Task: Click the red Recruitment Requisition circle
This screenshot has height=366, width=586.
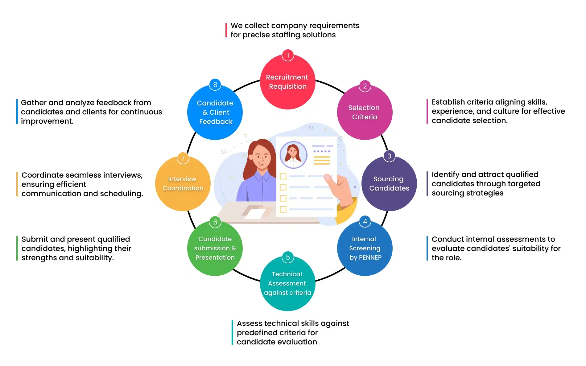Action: pyautogui.click(x=287, y=82)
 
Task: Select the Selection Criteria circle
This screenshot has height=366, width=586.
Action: pyautogui.click(x=365, y=113)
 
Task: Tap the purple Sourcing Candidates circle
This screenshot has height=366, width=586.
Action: pyautogui.click(x=389, y=184)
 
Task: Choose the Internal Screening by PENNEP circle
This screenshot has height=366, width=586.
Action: pyautogui.click(x=365, y=249)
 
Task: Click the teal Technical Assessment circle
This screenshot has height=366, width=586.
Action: pyautogui.click(x=287, y=284)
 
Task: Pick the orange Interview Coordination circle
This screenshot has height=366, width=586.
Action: pyautogui.click(x=183, y=184)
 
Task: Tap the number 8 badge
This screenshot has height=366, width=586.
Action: pyautogui.click(x=215, y=84)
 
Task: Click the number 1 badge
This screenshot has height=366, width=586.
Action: pyautogui.click(x=288, y=55)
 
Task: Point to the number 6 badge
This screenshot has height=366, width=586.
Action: pyautogui.click(x=215, y=222)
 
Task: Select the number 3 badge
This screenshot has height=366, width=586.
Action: pyautogui.click(x=389, y=156)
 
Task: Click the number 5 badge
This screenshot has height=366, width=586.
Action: pyautogui.click(x=288, y=257)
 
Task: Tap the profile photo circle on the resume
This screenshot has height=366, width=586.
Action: pyautogui.click(x=293, y=154)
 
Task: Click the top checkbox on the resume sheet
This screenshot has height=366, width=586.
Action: pyautogui.click(x=283, y=176)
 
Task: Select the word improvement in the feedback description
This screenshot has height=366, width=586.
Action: pyautogui.click(x=47, y=121)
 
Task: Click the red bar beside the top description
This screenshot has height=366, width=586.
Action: pyautogui.click(x=226, y=30)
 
